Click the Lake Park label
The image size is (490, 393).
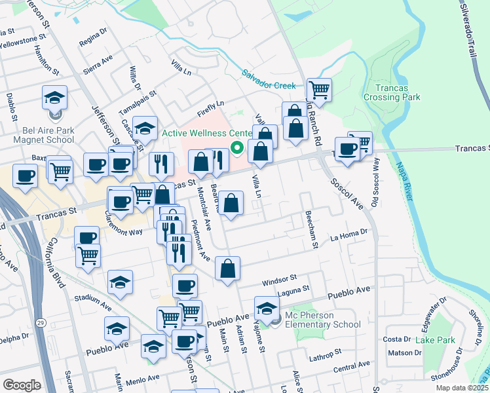point(436,340)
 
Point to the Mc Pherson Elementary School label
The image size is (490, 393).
point(322,320)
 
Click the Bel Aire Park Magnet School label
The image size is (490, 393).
point(48,135)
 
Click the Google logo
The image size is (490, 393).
point(22,385)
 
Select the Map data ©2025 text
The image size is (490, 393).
point(461,388)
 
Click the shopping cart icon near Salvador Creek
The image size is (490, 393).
point(319,89)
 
